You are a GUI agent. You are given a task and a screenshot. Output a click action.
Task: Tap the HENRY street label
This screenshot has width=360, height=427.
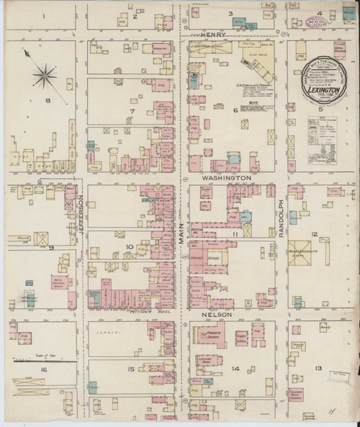(x=214, y=34)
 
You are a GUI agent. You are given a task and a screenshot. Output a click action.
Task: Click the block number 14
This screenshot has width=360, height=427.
(x=235, y=369)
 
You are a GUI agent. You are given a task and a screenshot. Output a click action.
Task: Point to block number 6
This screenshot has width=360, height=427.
(x=235, y=109)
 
